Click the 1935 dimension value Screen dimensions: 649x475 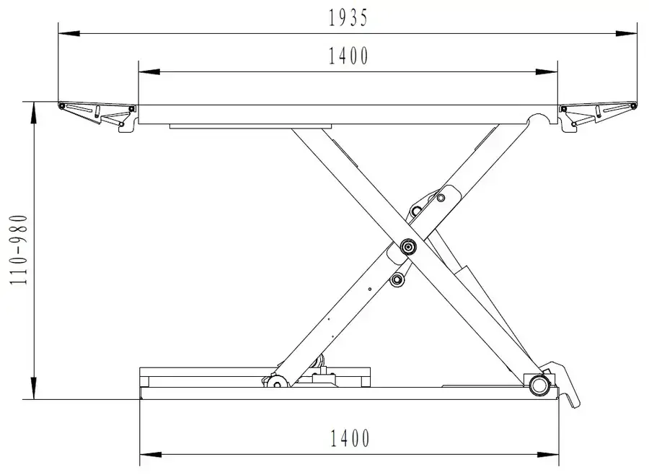(x=348, y=18)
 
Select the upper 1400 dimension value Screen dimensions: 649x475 (x=348, y=56)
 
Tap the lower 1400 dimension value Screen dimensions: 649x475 (x=350, y=438)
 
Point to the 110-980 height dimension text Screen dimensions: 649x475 (x=19, y=250)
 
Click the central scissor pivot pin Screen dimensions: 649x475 (x=409, y=248)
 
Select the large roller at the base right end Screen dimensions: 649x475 (x=538, y=385)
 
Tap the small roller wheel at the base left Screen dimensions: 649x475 (x=276, y=382)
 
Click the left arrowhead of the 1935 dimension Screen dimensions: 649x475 (x=69, y=34)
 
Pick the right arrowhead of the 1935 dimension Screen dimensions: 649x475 (x=626, y=34)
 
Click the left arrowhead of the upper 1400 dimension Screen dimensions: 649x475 (x=149, y=71)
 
